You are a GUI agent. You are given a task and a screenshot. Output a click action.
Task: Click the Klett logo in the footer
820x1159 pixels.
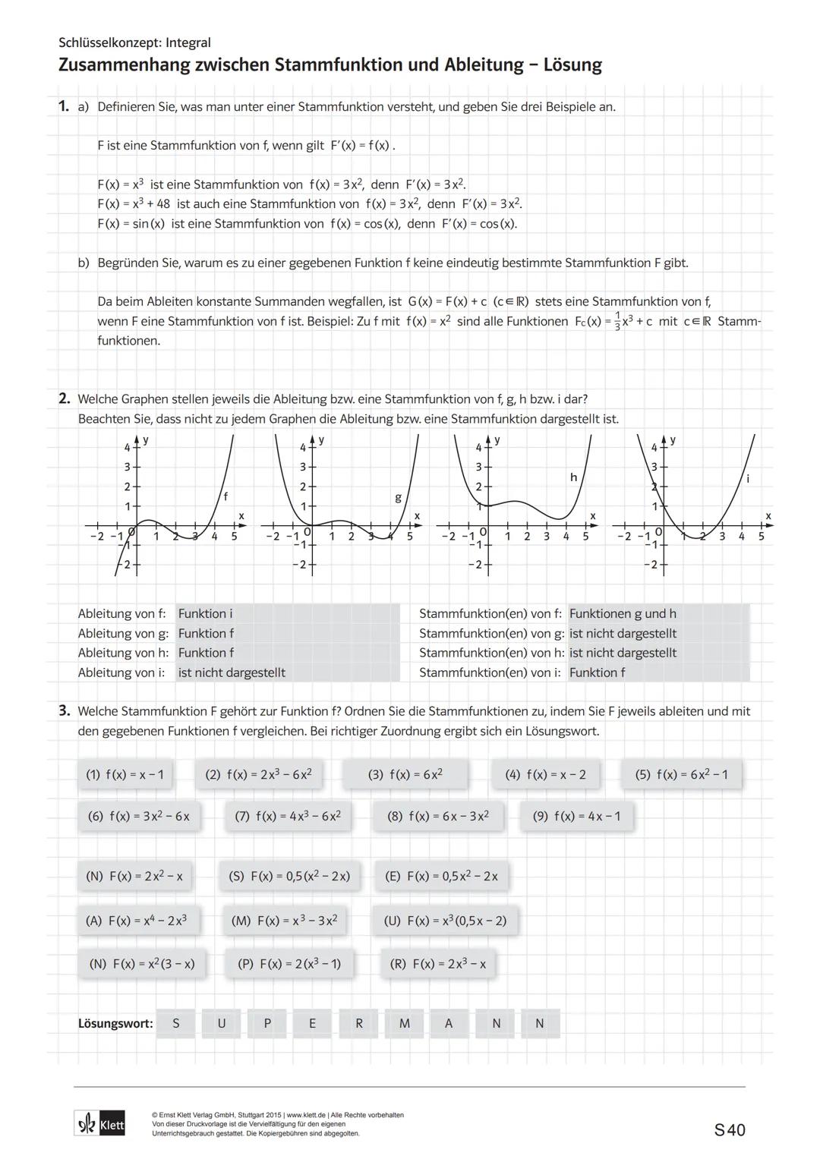pos(100,1124)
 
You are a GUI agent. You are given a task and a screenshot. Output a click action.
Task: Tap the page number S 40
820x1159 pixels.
pos(730,1130)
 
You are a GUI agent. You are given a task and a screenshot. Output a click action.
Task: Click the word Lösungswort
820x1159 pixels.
pos(115,1023)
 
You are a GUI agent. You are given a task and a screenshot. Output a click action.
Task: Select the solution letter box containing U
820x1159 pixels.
pos(222,1023)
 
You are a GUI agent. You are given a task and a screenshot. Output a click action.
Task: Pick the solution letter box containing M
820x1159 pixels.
pos(405,1023)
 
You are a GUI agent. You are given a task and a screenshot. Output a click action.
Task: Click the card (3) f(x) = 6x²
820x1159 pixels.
pos(405,774)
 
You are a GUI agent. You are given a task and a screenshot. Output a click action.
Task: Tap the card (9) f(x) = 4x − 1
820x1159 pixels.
pos(577,816)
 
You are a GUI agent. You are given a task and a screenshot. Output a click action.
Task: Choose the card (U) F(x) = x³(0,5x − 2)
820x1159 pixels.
pos(445,921)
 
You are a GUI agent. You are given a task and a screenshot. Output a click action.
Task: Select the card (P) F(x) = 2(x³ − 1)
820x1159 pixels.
pos(289,963)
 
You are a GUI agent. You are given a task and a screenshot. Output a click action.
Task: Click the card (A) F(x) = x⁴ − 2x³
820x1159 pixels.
pos(137,921)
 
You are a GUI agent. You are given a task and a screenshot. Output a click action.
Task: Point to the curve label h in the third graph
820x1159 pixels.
pos(573,477)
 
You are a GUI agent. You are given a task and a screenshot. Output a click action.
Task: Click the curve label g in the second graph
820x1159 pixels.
pos(398,498)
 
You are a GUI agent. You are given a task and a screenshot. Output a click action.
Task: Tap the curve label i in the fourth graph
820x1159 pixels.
pos(748,479)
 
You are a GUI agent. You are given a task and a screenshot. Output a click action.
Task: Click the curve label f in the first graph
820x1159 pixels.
pos(225,496)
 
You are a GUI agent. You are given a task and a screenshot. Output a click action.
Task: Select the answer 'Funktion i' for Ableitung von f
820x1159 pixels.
pos(205,613)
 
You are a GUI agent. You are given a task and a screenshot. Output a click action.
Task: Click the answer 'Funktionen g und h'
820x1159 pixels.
pos(623,613)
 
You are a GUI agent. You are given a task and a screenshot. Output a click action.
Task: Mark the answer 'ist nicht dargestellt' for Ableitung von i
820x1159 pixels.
pos(232,672)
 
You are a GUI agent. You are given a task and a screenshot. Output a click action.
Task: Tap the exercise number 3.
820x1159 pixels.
pos(65,711)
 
